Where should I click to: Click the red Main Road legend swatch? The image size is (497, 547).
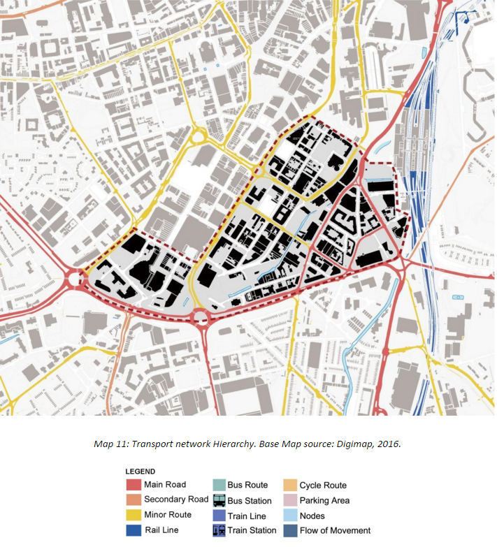pyautogui.click(x=133, y=485)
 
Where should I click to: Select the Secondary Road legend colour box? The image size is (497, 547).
pyautogui.click(x=133, y=499)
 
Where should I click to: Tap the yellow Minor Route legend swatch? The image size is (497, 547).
pyautogui.click(x=133, y=515)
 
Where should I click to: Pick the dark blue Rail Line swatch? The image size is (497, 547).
pyautogui.click(x=133, y=530)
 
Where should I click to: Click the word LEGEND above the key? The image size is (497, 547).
pyautogui.click(x=141, y=472)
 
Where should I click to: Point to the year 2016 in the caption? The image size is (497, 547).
pyautogui.click(x=387, y=444)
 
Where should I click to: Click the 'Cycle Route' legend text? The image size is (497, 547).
pyautogui.click(x=323, y=485)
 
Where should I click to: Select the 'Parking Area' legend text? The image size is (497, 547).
pyautogui.click(x=324, y=500)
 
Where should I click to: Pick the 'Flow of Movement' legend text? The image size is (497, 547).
pyautogui.click(x=335, y=530)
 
